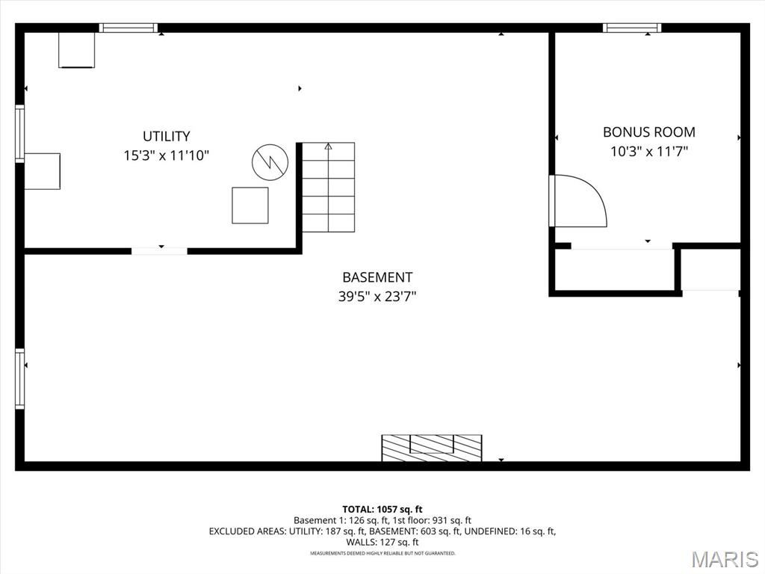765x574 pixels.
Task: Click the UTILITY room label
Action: click(x=167, y=136)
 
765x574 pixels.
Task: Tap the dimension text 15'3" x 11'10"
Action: click(x=167, y=155)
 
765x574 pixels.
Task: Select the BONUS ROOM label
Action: click(x=649, y=132)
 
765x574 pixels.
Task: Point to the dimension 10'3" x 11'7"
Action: click(x=649, y=151)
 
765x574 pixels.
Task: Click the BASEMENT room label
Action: click(x=377, y=277)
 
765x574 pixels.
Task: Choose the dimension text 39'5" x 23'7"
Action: click(x=377, y=296)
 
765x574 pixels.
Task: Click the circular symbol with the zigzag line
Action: click(x=270, y=162)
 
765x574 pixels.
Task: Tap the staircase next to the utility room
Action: click(x=329, y=187)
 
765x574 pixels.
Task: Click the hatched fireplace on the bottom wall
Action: click(x=431, y=448)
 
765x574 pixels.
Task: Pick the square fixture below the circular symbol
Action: click(x=250, y=206)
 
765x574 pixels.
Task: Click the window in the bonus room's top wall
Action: click(x=632, y=28)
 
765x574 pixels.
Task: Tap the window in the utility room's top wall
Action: click(x=128, y=28)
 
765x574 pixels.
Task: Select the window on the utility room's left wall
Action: click(x=20, y=133)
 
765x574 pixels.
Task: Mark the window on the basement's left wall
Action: click(x=20, y=379)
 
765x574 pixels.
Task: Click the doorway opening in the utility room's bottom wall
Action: click(x=160, y=251)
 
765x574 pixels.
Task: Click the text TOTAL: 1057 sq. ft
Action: click(x=382, y=510)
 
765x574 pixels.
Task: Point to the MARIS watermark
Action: click(x=725, y=559)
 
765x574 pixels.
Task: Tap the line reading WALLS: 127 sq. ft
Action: click(x=382, y=542)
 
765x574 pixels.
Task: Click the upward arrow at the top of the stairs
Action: click(x=329, y=146)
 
